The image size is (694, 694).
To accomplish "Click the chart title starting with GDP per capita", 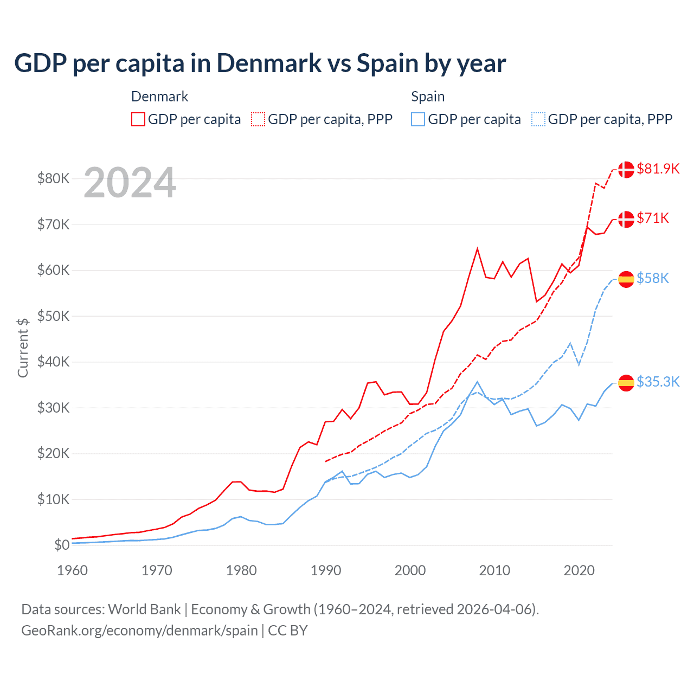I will (x=260, y=63).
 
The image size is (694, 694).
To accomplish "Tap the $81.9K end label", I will (x=658, y=169).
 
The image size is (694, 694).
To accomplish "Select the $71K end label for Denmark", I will (x=653, y=218).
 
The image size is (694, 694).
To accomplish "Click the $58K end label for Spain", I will (x=653, y=278).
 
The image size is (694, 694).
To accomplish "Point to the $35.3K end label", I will (x=658, y=382).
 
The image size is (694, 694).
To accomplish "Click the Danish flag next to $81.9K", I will (x=626, y=169).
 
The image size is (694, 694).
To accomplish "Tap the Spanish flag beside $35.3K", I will (x=626, y=383).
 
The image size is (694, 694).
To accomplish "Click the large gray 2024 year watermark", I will (x=130, y=183).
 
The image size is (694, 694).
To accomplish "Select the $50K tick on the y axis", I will (x=53, y=316).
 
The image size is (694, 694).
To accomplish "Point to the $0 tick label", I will (x=62, y=545).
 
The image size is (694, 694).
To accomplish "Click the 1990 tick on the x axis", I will (x=326, y=570).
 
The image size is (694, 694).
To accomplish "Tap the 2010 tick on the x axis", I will (x=494, y=570).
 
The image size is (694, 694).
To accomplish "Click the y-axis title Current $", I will (x=23, y=348).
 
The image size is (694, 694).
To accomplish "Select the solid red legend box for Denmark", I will (x=138, y=119).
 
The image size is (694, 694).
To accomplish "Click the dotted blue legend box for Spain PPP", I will (x=538, y=119).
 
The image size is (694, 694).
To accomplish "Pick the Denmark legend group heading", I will (x=159, y=97).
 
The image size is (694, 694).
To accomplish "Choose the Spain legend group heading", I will (x=428, y=97).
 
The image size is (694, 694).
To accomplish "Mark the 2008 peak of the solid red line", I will (x=477, y=249).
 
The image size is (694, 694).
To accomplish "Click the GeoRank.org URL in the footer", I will (x=139, y=631).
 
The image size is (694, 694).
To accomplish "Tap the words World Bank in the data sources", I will (x=144, y=609).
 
